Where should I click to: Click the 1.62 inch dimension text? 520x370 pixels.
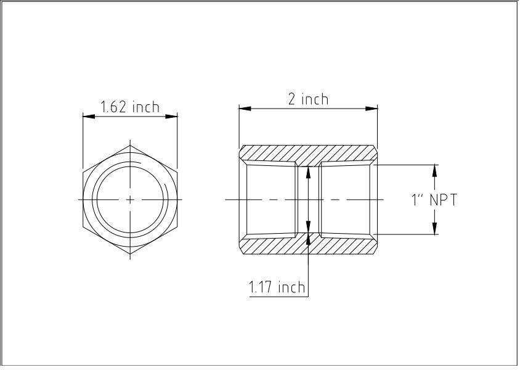[130, 107]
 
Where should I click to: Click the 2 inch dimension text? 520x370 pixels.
[308, 99]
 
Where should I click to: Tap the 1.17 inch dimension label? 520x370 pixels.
[277, 287]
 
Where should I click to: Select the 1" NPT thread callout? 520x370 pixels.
[434, 200]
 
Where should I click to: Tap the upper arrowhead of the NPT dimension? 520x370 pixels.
[435, 170]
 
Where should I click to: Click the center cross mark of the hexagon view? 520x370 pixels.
[130, 199]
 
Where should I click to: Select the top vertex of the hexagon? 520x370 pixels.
[130, 146]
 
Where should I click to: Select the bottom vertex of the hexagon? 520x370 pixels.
[130, 253]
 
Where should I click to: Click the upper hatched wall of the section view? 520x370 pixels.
[308, 154]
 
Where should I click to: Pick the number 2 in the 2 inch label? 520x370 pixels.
[292, 99]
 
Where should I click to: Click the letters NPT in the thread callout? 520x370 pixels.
[444, 200]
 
